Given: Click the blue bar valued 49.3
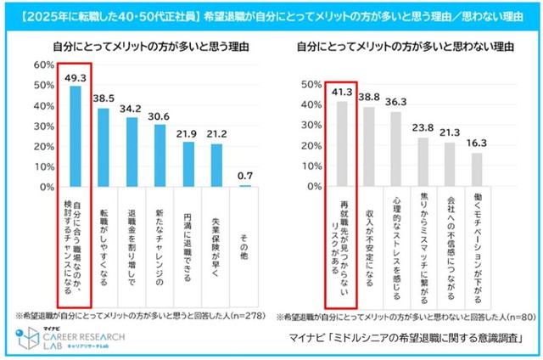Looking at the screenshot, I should pyautogui.click(x=75, y=136).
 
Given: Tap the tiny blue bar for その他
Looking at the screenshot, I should pyautogui.click(x=245, y=185).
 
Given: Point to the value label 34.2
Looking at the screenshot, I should pyautogui.click(x=132, y=110).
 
